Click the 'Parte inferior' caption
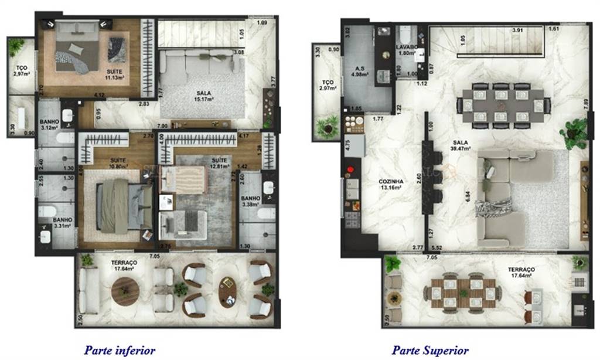[x=120, y=350]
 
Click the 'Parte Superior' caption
[x=429, y=350]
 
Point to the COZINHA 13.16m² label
[x=390, y=185]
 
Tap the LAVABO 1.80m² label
[x=406, y=49]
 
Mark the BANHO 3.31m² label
[x=62, y=224]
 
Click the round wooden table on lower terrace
[x=124, y=291]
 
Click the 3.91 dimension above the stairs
[x=517, y=30]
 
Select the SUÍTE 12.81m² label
[x=220, y=162]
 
